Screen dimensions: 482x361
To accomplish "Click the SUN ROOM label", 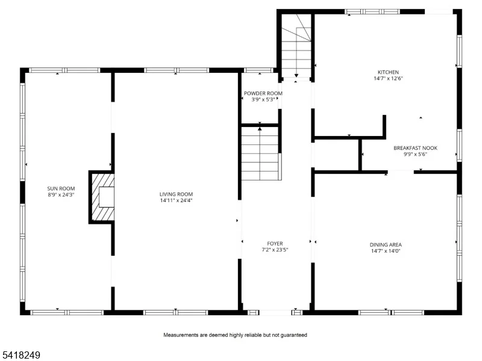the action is tap(61, 188).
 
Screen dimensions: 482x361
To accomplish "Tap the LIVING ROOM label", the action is tap(176, 194).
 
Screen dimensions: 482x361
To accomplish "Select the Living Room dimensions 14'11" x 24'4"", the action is tap(176, 200).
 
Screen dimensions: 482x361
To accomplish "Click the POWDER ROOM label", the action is tap(263, 93).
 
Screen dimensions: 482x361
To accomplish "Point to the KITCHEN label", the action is tap(388, 72).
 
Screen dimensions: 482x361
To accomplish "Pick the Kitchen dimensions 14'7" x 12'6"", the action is tap(388, 78).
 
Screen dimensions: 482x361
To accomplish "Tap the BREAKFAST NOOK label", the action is tap(415, 148).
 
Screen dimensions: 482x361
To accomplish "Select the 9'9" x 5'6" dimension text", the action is tap(415, 154).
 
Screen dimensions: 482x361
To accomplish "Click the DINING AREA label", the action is tap(386, 245).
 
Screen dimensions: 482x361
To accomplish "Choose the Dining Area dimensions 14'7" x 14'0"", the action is tap(386, 251).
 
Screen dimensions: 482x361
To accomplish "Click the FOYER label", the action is tap(275, 244).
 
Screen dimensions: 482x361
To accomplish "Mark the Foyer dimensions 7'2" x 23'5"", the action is tap(275, 250).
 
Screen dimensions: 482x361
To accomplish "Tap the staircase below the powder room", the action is tap(261, 153).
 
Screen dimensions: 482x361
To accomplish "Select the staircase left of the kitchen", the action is tap(296, 46).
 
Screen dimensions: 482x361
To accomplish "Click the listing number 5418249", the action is tap(20, 355).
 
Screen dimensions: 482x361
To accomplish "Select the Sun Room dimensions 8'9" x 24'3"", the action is tap(61, 194).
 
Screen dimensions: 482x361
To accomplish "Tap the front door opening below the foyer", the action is tap(275, 312).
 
